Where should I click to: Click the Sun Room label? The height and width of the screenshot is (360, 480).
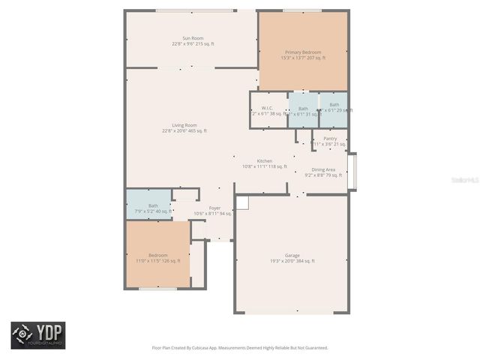coord(193,38)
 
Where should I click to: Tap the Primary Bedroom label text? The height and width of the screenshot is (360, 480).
coord(303,52)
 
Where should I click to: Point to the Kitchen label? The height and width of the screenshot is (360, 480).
coord(265,161)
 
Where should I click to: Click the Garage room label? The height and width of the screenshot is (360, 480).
coord(292,255)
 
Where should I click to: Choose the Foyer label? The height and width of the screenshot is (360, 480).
coord(214,208)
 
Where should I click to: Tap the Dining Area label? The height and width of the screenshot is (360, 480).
coord(323,169)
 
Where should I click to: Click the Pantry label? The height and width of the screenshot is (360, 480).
coord(330,139)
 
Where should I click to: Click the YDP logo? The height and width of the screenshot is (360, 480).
coord(37,335)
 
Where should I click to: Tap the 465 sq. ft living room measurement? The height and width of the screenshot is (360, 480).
coord(197,131)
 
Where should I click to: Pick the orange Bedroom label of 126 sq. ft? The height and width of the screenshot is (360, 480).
coord(157,255)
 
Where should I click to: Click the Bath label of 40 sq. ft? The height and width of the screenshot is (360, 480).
coord(153,205)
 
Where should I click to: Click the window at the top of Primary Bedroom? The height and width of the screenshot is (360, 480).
coord(302,10)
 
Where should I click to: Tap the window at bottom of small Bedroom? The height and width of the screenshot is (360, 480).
coord(157,289)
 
